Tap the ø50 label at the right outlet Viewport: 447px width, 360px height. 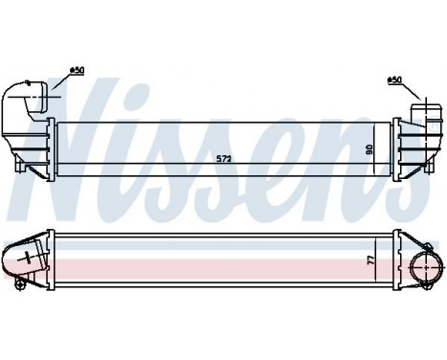coord(393,79)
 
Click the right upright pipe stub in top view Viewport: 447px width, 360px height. coord(417,110)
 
